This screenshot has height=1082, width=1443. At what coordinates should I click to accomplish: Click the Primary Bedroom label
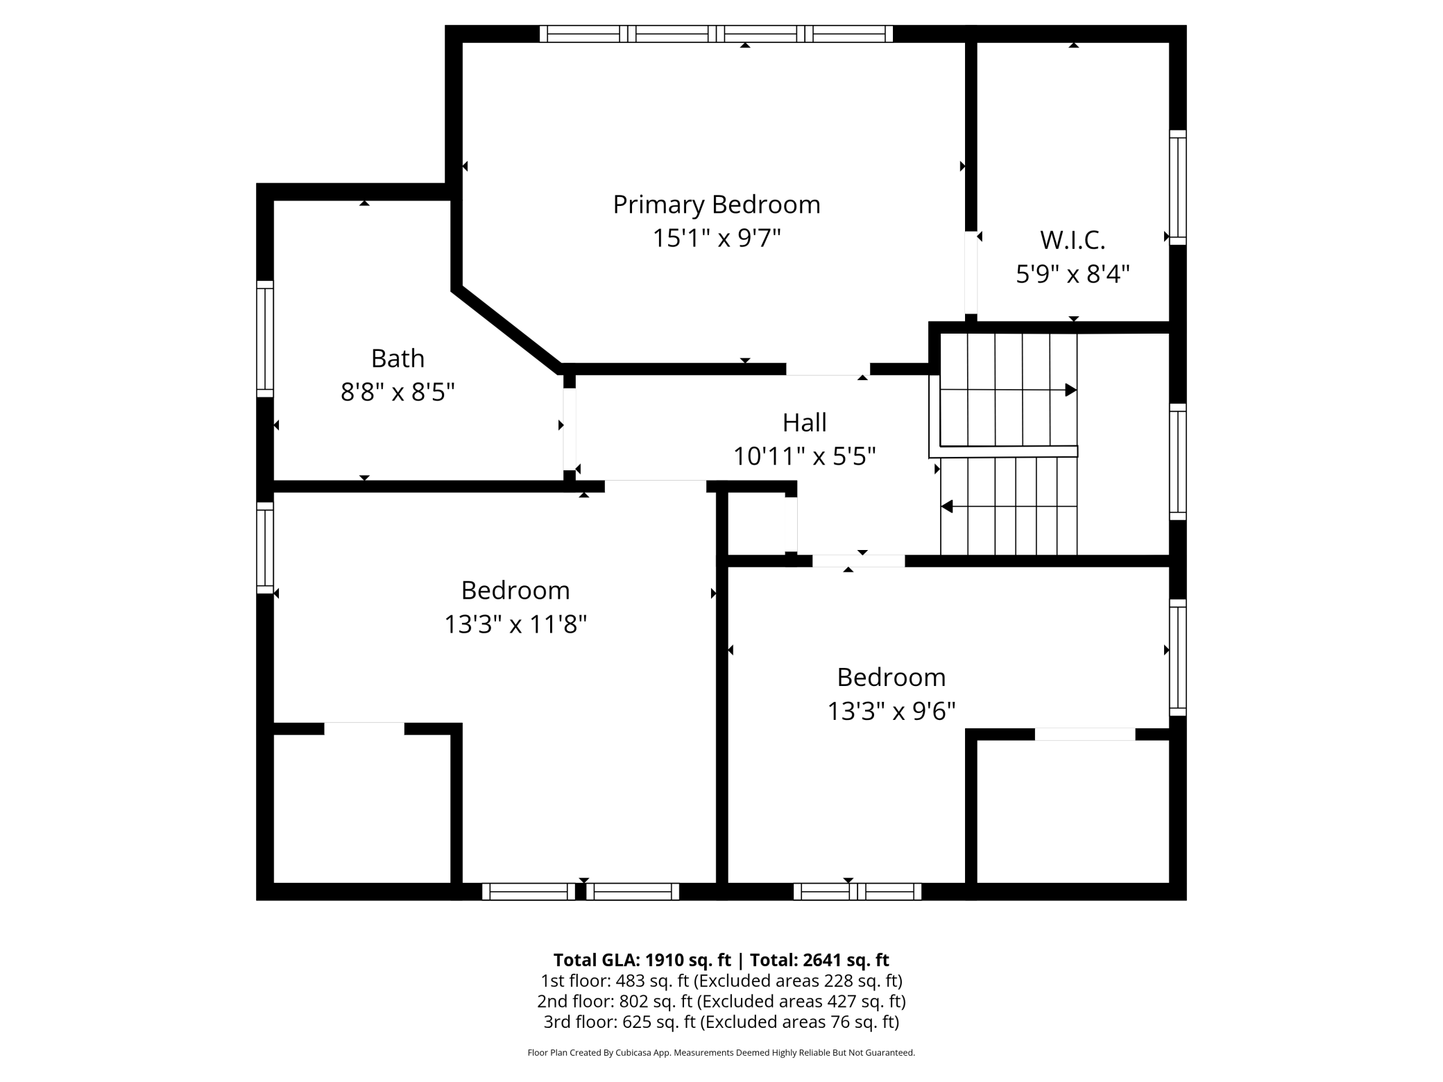point(716,205)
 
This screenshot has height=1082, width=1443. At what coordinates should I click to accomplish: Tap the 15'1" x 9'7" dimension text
point(716,239)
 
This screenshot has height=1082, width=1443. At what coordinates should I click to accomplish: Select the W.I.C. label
point(1073,240)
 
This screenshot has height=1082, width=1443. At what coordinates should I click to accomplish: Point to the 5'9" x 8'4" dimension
point(1073,275)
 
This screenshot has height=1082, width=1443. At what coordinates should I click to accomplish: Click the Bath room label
point(398,359)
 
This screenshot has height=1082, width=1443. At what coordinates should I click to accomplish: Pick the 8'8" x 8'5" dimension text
point(398,393)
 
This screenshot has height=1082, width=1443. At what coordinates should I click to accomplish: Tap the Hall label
point(804,422)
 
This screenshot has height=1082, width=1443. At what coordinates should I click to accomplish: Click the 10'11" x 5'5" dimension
point(804,456)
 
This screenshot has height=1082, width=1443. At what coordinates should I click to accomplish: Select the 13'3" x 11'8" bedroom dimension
point(515,625)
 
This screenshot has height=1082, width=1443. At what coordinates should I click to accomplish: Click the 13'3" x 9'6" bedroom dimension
point(891,712)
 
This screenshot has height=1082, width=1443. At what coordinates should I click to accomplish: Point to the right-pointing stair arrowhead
point(1070,390)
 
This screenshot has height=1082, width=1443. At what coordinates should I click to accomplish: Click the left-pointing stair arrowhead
point(947,507)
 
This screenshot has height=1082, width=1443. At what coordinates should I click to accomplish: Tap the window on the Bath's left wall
point(265,339)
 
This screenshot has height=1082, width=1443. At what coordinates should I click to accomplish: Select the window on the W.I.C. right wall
point(1177,187)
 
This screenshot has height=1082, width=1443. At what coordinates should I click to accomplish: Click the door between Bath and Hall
point(570,429)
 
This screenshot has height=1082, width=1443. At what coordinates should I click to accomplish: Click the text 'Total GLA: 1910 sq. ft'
point(642,960)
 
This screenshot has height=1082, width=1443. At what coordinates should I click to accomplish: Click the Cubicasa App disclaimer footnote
point(721,1053)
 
